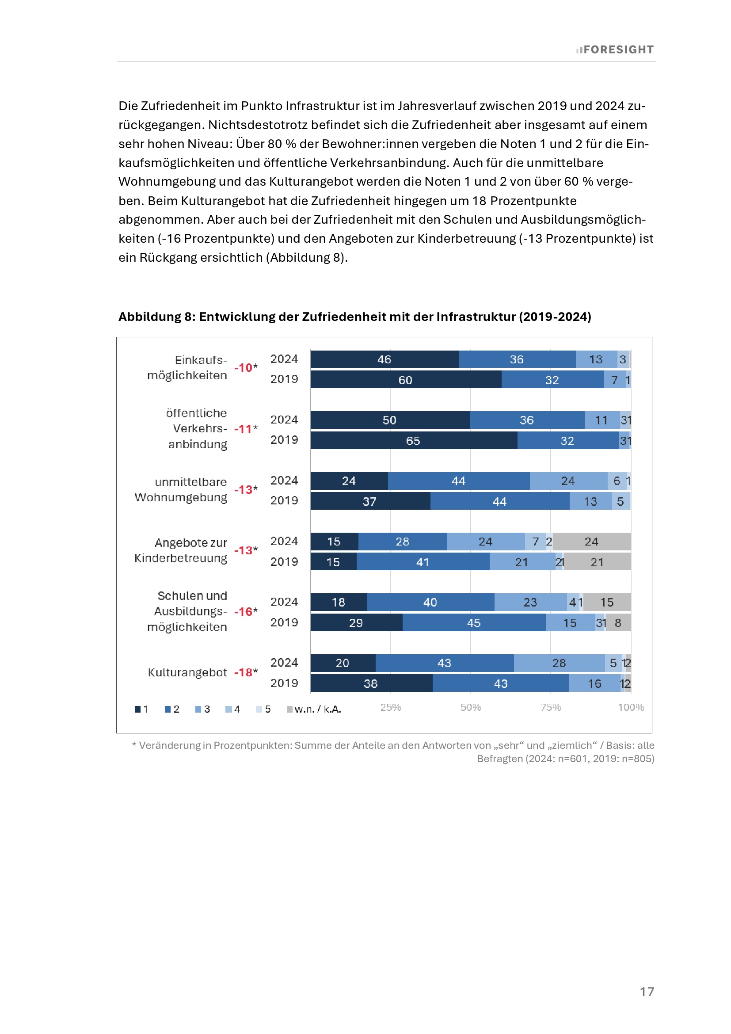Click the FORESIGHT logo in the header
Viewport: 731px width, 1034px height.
615,50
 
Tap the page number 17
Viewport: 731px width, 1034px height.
647,991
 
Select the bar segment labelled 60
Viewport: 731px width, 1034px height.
406,380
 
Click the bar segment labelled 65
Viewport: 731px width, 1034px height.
413,440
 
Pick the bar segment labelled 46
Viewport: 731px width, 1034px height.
385,359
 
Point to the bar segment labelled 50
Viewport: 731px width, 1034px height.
390,420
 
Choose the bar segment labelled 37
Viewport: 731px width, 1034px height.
370,501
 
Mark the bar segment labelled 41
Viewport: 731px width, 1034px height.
423,562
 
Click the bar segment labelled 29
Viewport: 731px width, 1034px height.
356,623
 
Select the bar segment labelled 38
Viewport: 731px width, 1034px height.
371,683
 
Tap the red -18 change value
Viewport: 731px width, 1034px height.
244,672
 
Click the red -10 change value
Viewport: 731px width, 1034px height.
244,367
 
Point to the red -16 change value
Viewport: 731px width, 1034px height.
244,611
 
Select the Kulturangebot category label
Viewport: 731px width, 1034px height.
187,672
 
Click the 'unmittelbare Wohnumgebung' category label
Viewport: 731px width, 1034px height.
181,489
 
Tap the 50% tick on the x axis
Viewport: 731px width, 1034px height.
470,707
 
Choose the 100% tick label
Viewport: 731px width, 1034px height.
631,707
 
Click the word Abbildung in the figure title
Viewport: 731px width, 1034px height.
149,317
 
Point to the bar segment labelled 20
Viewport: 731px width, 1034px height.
343,663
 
